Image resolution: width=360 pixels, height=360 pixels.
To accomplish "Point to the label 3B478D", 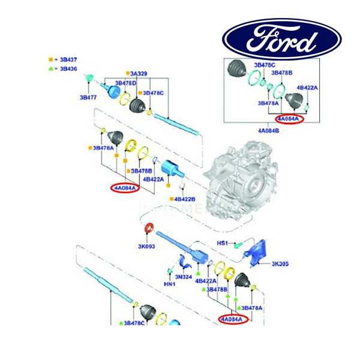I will click(x=125, y=83).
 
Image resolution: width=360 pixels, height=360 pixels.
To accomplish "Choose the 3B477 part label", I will click(x=89, y=96).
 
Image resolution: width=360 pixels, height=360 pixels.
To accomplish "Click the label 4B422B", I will click(x=185, y=199).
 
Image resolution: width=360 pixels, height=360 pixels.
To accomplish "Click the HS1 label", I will click(x=223, y=243).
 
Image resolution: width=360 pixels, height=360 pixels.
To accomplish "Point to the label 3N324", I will click(x=184, y=277).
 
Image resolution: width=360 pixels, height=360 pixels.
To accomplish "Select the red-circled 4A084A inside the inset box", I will click(x=290, y=119).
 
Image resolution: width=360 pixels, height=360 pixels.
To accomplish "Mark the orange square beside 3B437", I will click(x=51, y=60).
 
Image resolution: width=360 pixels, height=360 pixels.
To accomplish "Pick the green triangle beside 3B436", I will click(x=51, y=69).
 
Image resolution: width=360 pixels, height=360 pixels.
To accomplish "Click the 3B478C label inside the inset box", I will click(x=264, y=65).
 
